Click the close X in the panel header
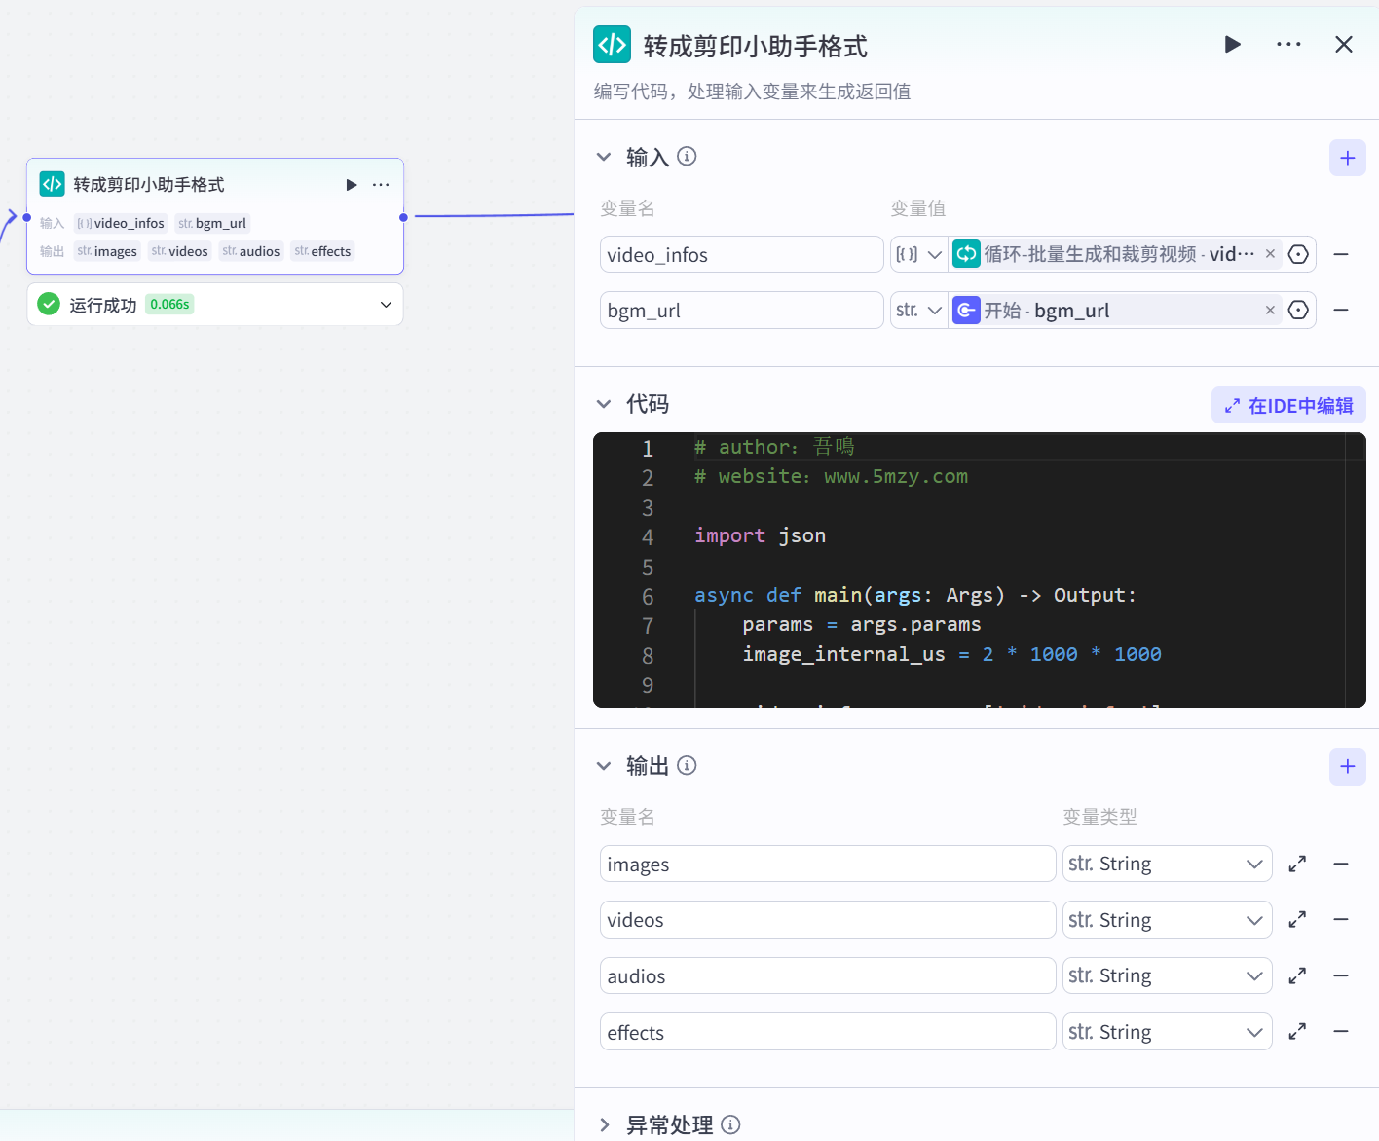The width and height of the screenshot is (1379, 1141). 1343,45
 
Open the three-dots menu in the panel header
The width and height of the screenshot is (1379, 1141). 1288,45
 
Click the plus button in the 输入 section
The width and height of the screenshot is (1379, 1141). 1347,158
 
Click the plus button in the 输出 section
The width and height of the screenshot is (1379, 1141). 1347,766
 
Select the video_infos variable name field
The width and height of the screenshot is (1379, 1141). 741,255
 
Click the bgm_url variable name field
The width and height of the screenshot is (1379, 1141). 741,311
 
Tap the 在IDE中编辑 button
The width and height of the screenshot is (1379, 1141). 1288,406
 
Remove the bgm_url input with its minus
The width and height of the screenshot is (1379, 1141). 1341,310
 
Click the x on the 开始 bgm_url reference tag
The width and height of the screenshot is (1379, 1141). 1270,311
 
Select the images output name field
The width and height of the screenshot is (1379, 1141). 827,865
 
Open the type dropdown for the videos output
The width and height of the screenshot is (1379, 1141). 1167,920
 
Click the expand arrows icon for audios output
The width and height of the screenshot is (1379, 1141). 1297,975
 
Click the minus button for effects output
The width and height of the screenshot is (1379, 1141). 1341,1031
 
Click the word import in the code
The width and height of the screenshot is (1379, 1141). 729,535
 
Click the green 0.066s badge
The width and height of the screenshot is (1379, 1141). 169,305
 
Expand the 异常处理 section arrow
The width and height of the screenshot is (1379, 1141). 605,1125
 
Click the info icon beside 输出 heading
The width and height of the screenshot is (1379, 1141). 687,766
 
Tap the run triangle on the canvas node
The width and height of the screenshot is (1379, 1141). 352,185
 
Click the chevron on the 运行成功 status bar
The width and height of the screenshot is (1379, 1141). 386,305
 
